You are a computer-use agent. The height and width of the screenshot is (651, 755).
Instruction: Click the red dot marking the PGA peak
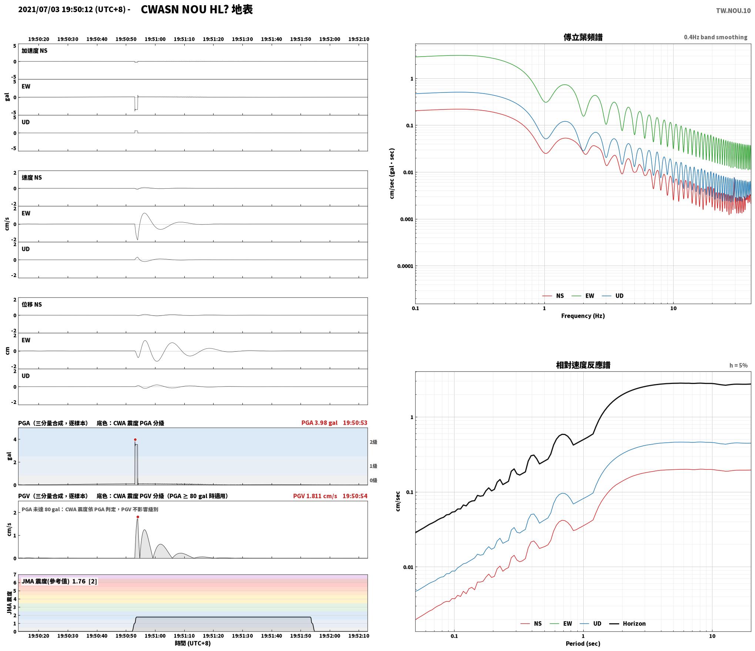click(x=135, y=439)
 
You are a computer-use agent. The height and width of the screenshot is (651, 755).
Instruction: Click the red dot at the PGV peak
click(x=138, y=517)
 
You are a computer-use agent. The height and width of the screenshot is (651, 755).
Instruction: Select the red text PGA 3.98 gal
click(x=319, y=423)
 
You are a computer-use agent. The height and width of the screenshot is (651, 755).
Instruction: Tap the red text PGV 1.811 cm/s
click(x=315, y=496)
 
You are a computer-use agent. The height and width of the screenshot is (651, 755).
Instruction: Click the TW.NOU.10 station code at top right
click(x=733, y=11)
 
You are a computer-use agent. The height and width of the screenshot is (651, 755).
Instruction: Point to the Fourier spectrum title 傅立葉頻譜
click(x=583, y=37)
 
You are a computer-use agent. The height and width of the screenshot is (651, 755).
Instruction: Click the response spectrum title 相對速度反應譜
click(x=583, y=365)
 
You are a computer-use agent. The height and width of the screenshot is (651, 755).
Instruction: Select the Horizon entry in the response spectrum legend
click(x=634, y=624)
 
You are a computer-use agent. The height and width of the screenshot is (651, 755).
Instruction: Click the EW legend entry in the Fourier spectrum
click(x=590, y=296)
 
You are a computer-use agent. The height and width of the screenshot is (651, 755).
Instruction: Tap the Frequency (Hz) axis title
click(x=583, y=316)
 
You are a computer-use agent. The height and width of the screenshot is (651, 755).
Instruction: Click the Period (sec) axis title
click(x=583, y=644)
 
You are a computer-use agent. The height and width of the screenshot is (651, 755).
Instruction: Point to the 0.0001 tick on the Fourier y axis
click(x=405, y=266)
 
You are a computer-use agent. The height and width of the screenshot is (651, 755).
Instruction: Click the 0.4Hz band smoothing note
click(x=715, y=37)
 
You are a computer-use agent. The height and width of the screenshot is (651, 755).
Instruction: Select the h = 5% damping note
click(x=738, y=365)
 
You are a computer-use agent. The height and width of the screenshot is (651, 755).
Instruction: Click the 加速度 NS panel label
click(x=34, y=51)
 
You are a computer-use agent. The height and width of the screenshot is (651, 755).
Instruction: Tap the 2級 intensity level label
click(x=373, y=442)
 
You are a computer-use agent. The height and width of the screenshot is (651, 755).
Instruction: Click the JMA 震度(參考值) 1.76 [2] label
click(x=59, y=581)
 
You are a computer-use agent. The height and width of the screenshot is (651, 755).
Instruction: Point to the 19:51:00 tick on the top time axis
click(x=155, y=39)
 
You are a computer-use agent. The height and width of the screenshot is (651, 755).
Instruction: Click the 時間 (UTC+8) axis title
click(x=193, y=643)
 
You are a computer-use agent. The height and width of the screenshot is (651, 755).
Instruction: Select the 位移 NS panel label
click(x=32, y=304)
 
